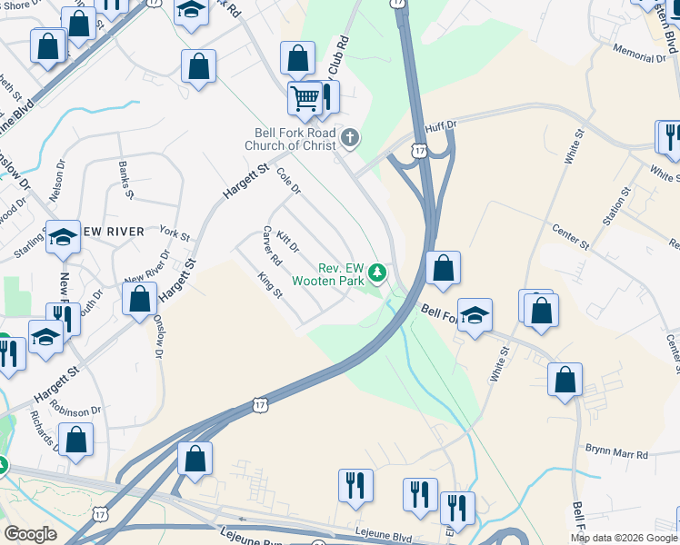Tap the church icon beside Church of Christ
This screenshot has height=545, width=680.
[x=351, y=138]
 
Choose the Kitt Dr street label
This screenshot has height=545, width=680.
[x=288, y=241]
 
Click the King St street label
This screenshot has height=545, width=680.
[x=271, y=285]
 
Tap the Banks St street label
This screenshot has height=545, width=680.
[x=126, y=180]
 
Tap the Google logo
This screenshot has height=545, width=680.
[x=30, y=534]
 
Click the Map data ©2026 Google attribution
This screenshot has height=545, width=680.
[x=624, y=538]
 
